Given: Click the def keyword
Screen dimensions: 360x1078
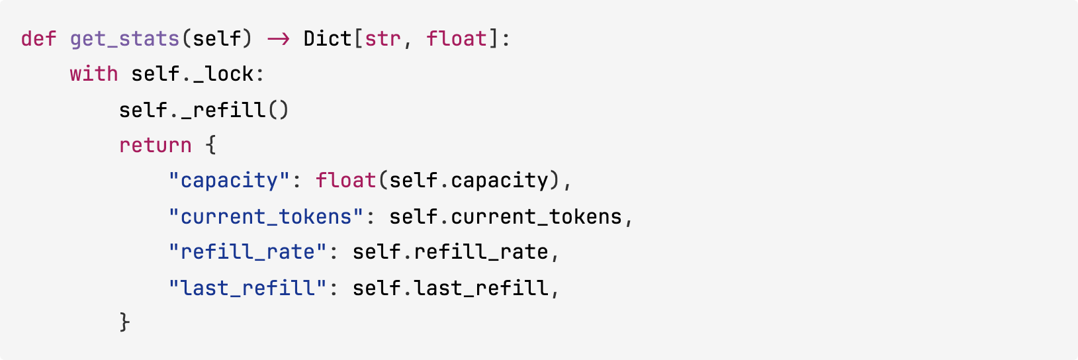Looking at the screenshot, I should pyautogui.click(x=38, y=38).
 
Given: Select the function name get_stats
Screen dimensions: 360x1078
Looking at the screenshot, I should pyautogui.click(x=124, y=38).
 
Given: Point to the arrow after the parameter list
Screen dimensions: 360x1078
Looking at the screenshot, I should pyautogui.click(x=278, y=38).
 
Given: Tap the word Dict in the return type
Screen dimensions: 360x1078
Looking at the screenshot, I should pyautogui.click(x=328, y=38).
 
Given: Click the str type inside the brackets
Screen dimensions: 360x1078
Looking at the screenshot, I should pyautogui.click(x=382, y=38).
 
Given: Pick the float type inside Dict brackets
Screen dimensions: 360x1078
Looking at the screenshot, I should pyautogui.click(x=457, y=38).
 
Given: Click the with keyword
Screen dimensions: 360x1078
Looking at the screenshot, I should pyautogui.click(x=94, y=74).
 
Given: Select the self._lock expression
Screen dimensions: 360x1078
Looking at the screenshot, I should pyautogui.click(x=192, y=74).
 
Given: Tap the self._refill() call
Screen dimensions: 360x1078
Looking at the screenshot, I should pyautogui.click(x=204, y=110).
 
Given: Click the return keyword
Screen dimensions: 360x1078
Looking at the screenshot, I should pyautogui.click(x=155, y=146).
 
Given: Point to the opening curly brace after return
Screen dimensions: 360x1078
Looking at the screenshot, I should pyautogui.click(x=210, y=146).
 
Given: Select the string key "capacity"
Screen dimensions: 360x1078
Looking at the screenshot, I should pyautogui.click(x=229, y=181).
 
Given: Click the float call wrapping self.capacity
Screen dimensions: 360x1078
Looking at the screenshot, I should pyautogui.click(x=345, y=181).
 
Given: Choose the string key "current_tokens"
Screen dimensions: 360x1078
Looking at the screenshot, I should pyautogui.click(x=265, y=216).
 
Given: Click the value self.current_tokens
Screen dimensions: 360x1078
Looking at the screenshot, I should pyautogui.click(x=505, y=216).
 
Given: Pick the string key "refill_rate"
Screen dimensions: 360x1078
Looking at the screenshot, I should pyautogui.click(x=247, y=252).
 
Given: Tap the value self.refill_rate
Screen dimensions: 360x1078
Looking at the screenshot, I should pyautogui.click(x=450, y=252).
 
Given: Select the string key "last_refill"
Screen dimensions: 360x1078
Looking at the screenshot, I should pyautogui.click(x=247, y=288).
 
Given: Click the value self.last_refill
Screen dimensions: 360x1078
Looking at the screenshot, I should pyautogui.click(x=450, y=288).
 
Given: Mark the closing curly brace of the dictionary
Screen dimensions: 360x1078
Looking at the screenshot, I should pyautogui.click(x=124, y=323).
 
